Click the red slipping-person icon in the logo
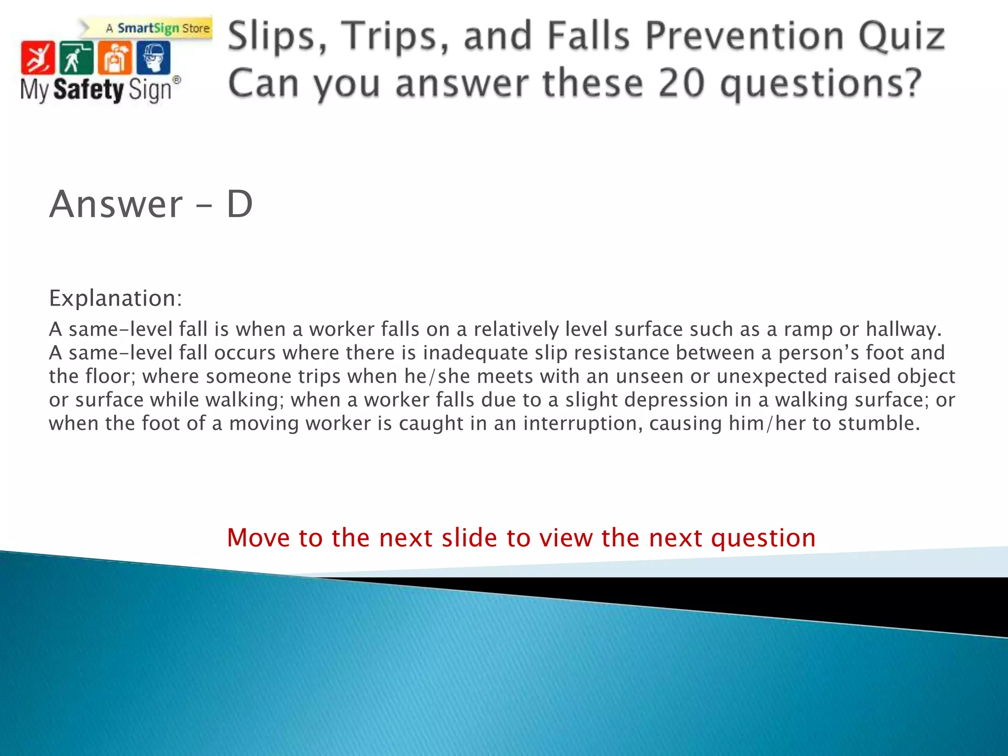(x=37, y=58)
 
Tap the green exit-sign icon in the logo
(x=76, y=58)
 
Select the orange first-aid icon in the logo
(x=115, y=58)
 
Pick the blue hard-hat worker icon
(x=153, y=58)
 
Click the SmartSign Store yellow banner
(x=157, y=28)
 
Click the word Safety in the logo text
(x=89, y=90)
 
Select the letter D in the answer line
(x=240, y=204)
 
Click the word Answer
(x=116, y=204)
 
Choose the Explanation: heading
(x=116, y=298)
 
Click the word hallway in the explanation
(x=903, y=329)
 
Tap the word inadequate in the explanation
(x=475, y=353)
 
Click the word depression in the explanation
(x=676, y=400)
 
